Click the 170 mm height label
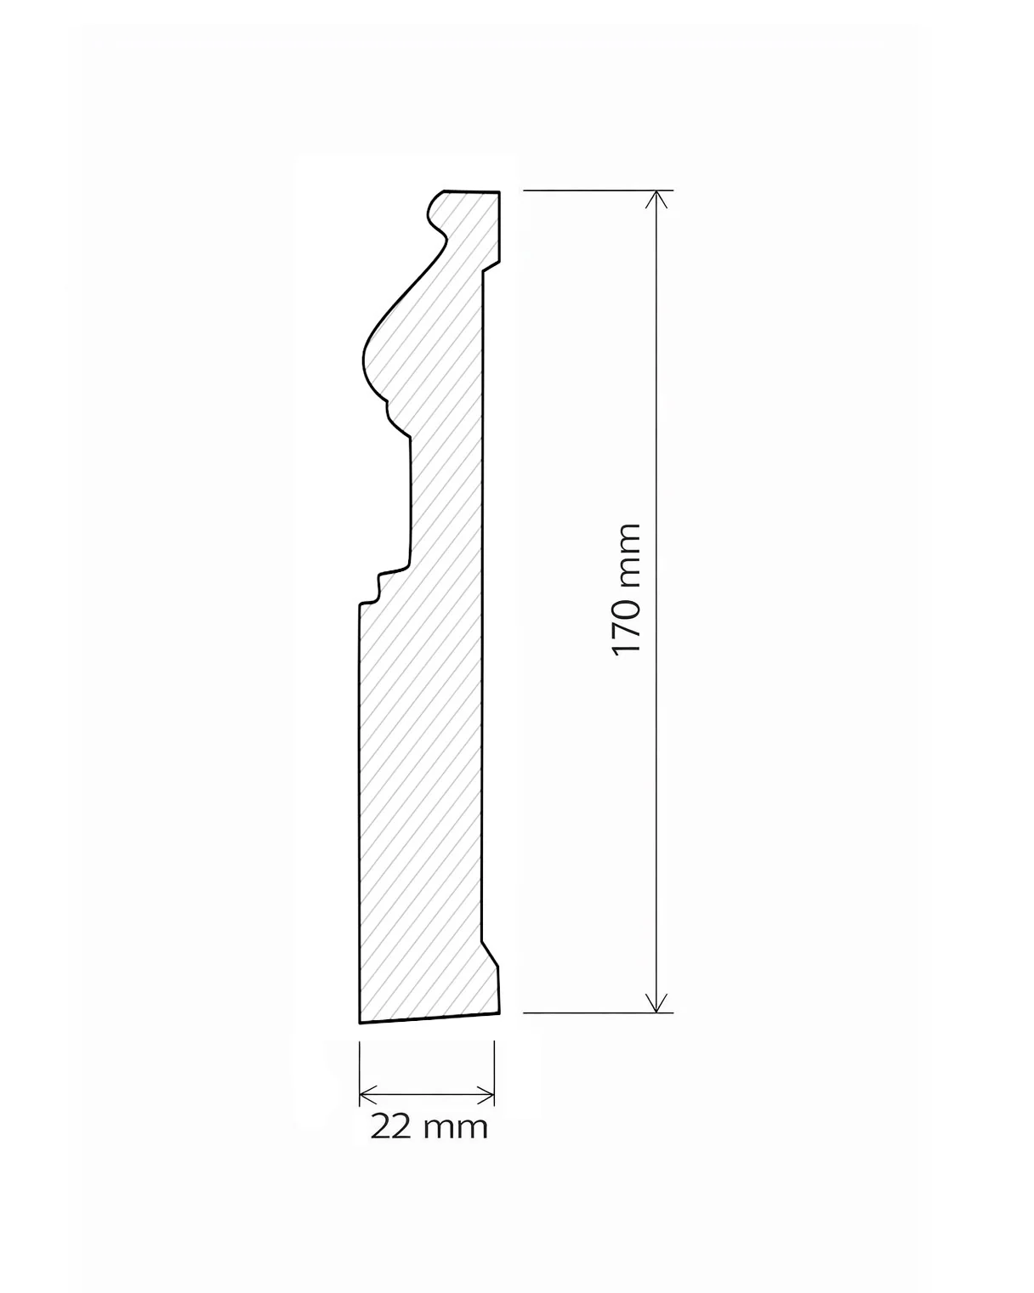coord(627,589)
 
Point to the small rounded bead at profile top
coord(438,213)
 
